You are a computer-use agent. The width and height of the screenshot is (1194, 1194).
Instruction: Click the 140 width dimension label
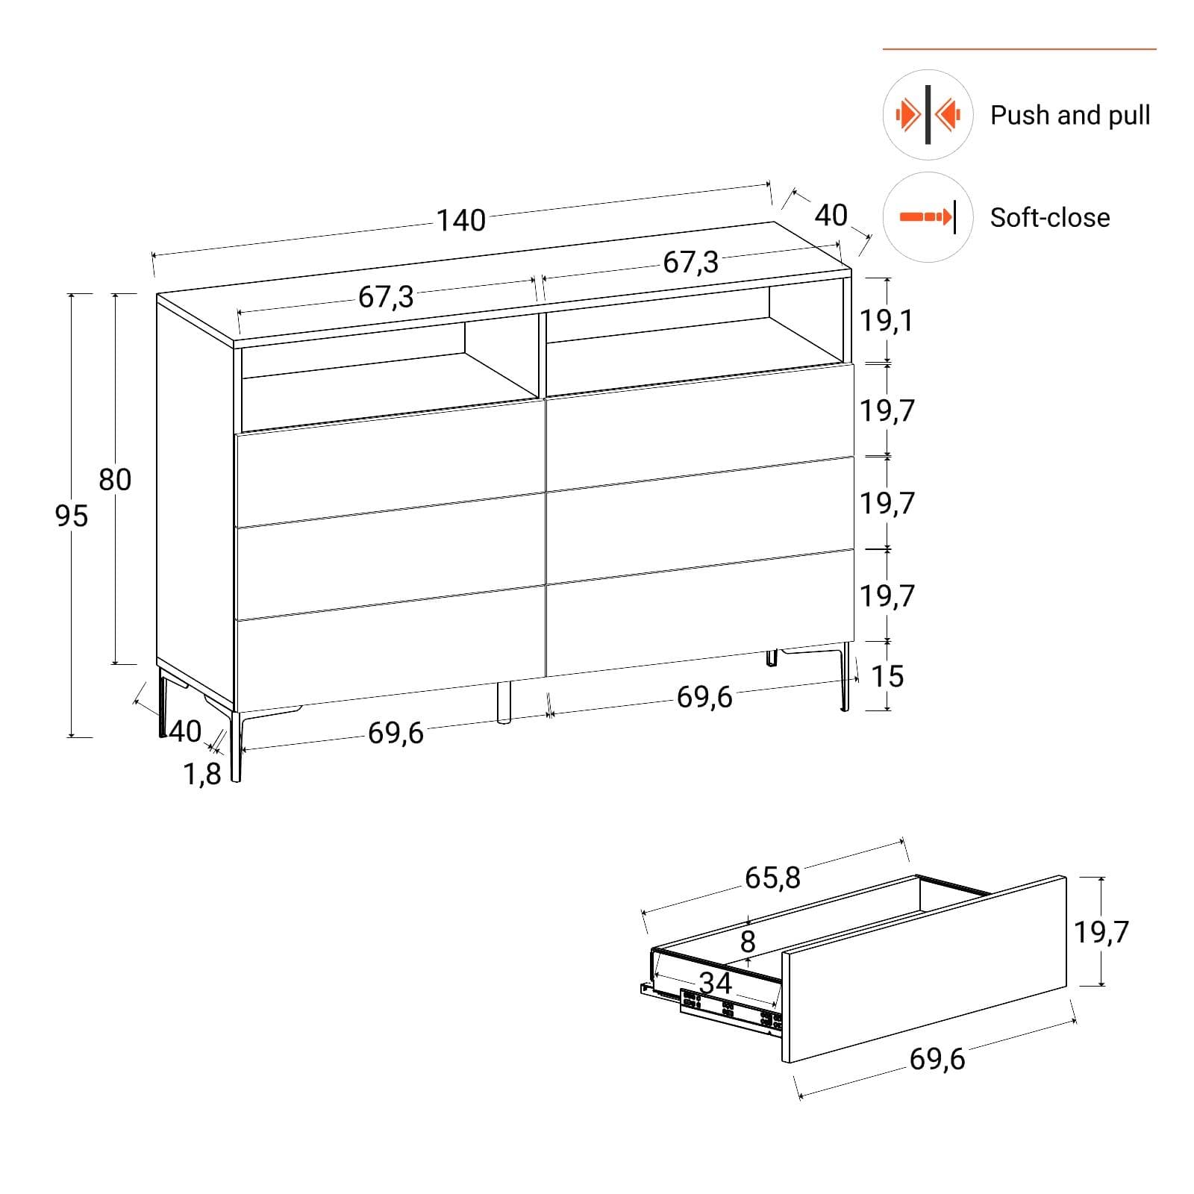click(x=460, y=220)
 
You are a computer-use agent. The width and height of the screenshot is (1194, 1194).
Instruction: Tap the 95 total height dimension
click(x=72, y=516)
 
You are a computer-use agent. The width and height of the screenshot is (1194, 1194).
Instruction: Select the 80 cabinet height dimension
click(x=115, y=479)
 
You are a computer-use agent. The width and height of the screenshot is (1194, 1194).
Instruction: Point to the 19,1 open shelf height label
click(x=887, y=320)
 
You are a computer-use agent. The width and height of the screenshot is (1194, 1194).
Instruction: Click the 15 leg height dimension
click(x=887, y=676)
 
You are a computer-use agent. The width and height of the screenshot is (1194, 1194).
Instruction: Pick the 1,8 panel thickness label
click(x=202, y=775)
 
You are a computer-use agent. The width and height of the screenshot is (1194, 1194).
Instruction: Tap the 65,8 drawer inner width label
click(x=772, y=878)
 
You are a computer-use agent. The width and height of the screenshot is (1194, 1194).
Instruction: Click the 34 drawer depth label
click(x=715, y=983)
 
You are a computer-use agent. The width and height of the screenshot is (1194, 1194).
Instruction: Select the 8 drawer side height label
click(x=748, y=941)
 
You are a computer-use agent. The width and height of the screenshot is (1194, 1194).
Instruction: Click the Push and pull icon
click(x=928, y=115)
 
